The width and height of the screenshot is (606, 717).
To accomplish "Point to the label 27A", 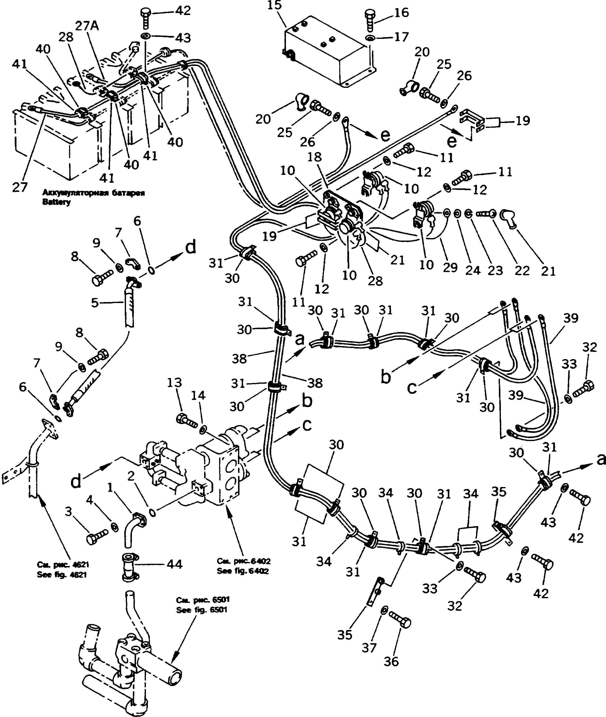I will point(87,26).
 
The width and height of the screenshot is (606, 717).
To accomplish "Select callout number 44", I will point(174,564).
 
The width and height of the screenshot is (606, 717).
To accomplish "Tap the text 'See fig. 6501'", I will point(201,610).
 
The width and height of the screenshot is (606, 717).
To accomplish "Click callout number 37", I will point(369,648).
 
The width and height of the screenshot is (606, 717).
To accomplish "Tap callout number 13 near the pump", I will point(174,382).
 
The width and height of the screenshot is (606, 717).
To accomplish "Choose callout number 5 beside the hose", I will point(95,303).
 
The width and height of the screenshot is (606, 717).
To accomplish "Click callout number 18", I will point(315,157).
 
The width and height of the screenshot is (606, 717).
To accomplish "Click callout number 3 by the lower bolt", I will point(68,512).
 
